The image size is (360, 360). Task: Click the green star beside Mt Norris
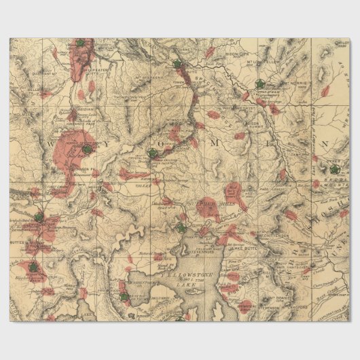(259, 84)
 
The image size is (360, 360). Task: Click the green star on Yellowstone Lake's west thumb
(124, 296)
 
